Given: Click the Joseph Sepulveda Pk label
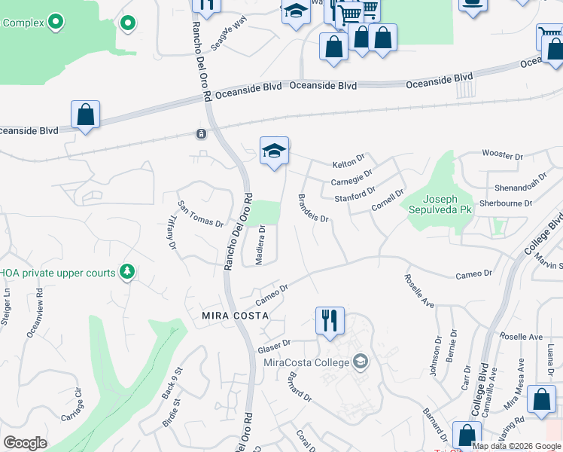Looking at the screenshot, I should click(436, 204).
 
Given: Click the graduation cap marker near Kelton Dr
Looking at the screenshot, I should click(275, 151).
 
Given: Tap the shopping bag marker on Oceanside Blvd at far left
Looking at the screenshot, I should click(86, 115).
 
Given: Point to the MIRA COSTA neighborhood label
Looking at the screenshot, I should click(234, 315).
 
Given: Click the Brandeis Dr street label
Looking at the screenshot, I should click(313, 208).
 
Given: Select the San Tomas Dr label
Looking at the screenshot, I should click(200, 213).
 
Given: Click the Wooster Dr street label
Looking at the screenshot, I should click(502, 157).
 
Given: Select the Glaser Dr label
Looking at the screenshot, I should click(274, 347).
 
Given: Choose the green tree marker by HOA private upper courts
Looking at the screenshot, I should click(127, 270).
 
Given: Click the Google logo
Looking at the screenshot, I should click(25, 443).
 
